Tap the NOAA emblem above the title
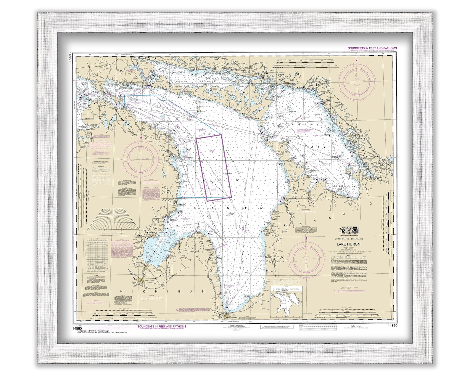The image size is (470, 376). pyautogui.click(x=352, y=229)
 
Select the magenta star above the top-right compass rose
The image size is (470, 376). pyautogui.click(x=356, y=60)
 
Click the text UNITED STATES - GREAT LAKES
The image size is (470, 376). pyautogui.click(x=352, y=239)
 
